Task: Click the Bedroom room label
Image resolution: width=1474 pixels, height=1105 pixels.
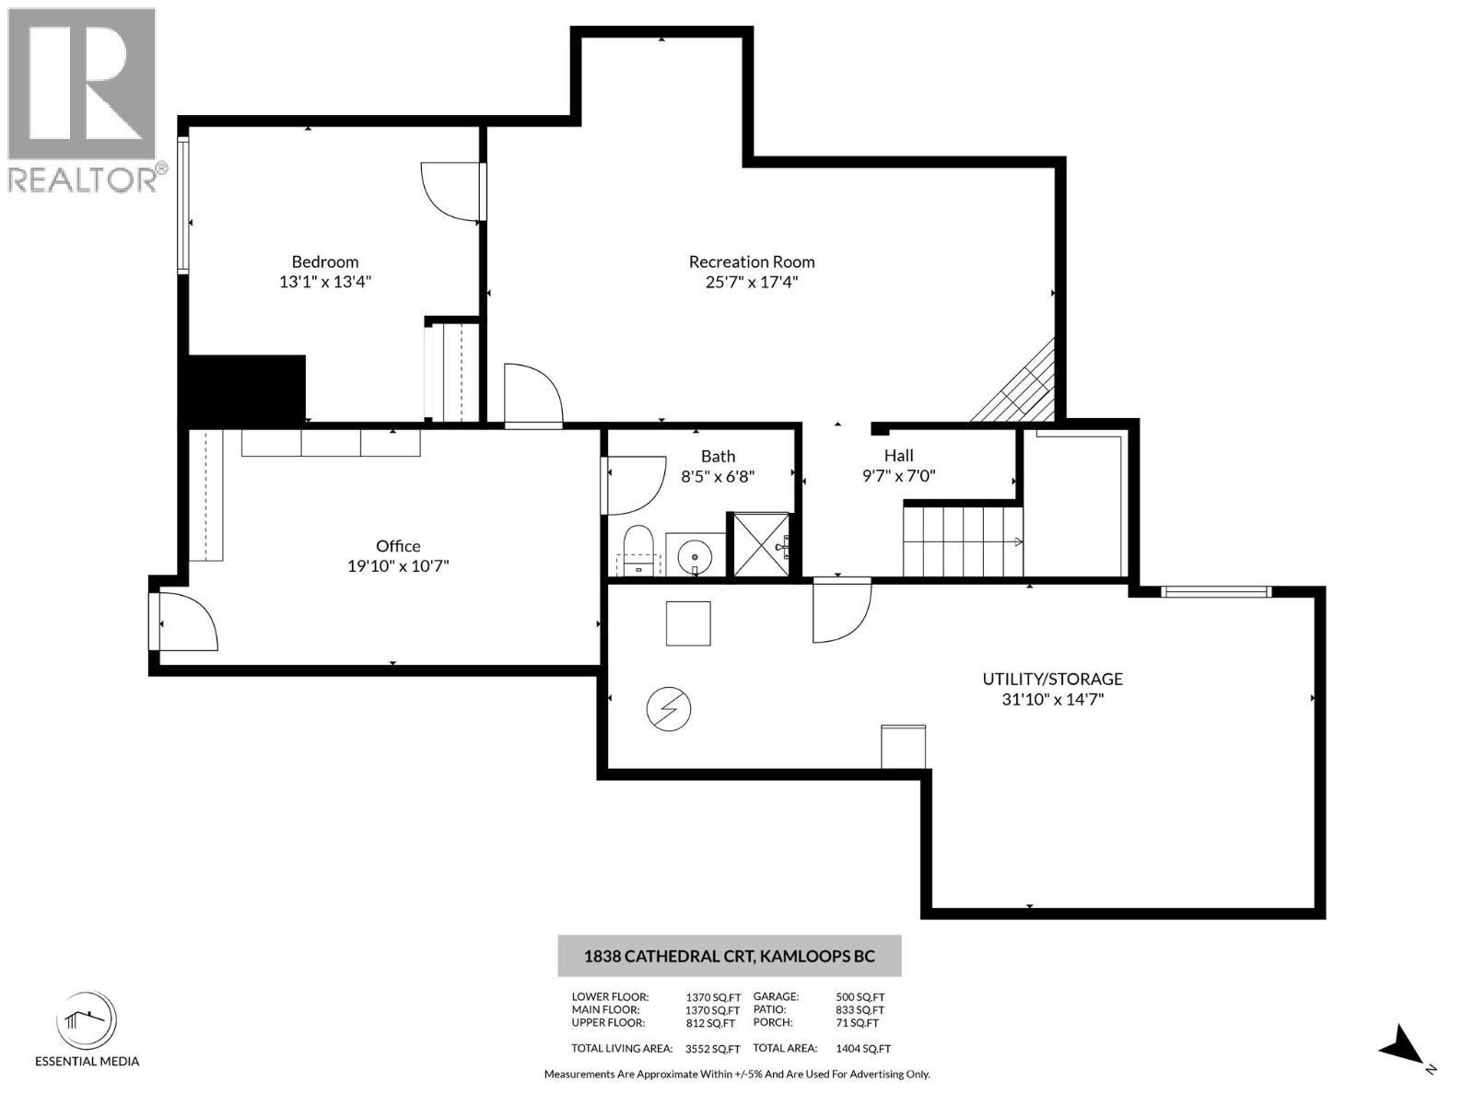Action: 325,262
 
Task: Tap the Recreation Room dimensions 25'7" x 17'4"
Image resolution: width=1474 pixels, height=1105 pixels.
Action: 752,282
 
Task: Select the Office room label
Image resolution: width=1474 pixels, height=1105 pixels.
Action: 398,546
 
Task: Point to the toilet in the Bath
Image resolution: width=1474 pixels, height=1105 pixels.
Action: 638,550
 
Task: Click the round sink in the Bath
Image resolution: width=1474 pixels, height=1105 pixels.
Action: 694,556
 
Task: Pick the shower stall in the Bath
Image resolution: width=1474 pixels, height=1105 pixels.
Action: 760,545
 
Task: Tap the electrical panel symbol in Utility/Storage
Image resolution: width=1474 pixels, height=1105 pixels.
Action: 669,709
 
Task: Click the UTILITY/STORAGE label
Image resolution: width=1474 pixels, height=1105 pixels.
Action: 1052,679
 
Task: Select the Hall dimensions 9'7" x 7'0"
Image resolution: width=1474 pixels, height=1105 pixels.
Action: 898,476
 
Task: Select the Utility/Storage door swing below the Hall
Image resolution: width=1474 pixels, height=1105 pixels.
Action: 840,610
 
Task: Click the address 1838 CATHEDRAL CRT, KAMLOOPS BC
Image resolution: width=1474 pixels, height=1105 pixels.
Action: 729,956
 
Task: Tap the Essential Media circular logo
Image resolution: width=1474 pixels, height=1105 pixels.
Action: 87,1021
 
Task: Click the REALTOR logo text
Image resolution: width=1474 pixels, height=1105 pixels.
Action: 84,179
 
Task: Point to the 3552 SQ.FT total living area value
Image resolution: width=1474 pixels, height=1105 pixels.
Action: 712,1048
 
